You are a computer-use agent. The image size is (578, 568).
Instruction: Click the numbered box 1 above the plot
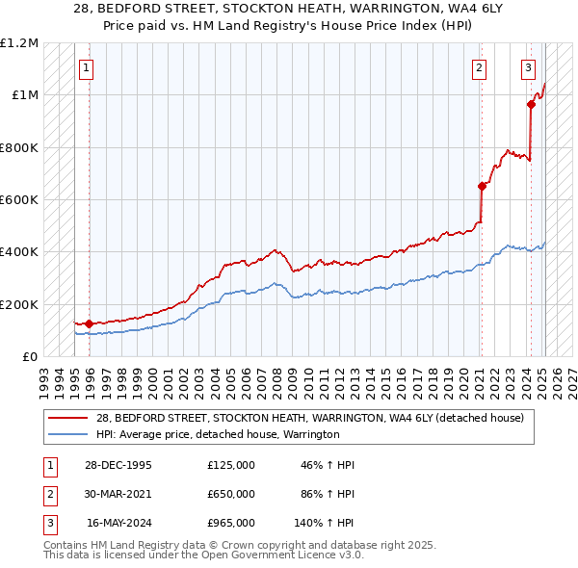87,67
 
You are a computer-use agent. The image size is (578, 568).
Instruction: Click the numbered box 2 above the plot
479,67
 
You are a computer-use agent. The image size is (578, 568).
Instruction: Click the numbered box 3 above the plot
529,67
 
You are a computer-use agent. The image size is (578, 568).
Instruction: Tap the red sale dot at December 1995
89,323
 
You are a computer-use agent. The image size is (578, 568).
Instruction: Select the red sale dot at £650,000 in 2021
482,187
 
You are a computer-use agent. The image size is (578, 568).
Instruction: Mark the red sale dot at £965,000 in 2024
531,104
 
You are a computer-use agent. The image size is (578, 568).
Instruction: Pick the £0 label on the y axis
29,356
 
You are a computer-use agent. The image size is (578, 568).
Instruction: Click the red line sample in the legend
67,418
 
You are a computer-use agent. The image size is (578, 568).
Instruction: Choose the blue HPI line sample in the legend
67,435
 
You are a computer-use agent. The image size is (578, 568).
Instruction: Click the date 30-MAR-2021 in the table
118,494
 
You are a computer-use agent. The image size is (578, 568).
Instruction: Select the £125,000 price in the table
231,465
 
